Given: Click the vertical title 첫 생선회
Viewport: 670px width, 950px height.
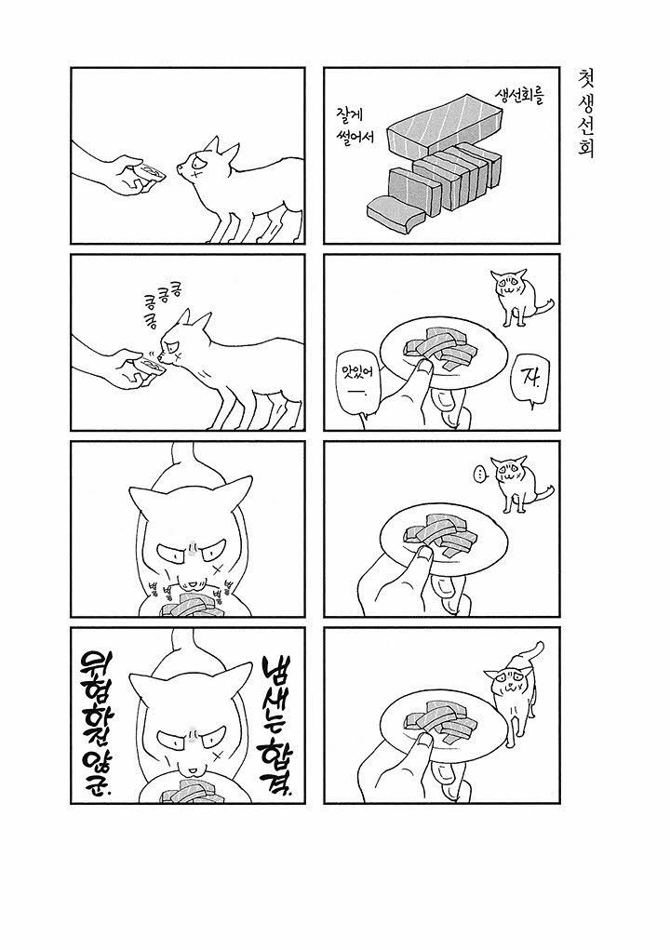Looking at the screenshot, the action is pyautogui.click(x=585, y=113).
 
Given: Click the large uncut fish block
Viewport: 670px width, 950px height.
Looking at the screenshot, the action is pyautogui.click(x=446, y=127).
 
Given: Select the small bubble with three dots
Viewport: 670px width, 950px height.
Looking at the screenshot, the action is pyautogui.click(x=479, y=475).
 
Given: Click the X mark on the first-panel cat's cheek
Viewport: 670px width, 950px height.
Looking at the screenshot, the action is pyautogui.click(x=195, y=173).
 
